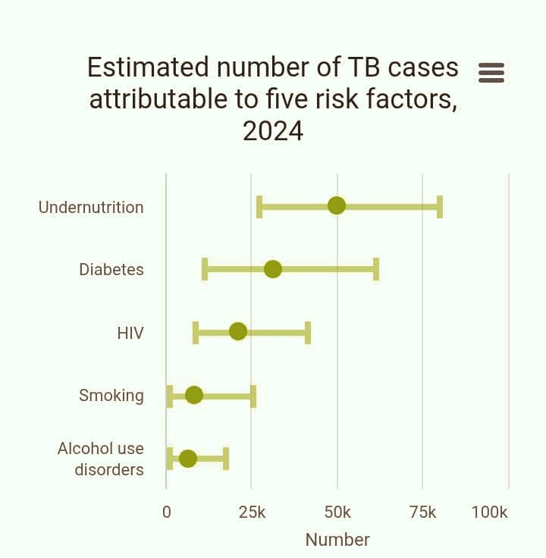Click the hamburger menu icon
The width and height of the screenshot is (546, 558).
tap(491, 72)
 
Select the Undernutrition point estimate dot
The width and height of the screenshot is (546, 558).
tap(337, 205)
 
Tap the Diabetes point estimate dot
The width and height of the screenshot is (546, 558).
tap(273, 269)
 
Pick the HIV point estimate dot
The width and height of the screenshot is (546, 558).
tap(238, 331)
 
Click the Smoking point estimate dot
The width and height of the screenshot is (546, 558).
tap(194, 395)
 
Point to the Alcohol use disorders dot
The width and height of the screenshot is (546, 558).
tap(188, 459)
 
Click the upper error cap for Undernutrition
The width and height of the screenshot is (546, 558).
tap(440, 206)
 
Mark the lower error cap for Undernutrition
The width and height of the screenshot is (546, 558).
tap(259, 206)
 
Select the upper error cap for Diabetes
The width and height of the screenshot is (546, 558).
tap(376, 269)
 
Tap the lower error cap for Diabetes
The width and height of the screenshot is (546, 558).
tap(205, 269)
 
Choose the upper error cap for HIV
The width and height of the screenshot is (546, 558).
tap(308, 332)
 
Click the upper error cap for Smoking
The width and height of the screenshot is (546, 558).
tap(253, 396)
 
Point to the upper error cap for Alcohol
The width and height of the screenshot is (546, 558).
tap(226, 459)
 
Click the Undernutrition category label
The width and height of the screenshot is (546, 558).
tap(91, 207)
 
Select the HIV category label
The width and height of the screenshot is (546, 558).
tap(130, 333)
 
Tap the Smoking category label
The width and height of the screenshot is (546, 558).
tap(111, 395)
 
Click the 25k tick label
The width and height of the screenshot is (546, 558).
tap(252, 513)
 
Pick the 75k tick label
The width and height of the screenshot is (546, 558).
tap(422, 513)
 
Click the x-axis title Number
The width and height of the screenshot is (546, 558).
tap(337, 540)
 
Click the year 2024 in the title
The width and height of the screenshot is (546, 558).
tap(273, 131)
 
